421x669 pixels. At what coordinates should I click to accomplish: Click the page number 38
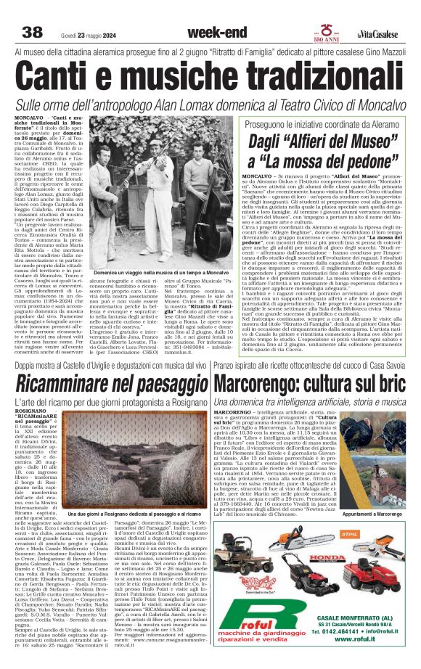33,32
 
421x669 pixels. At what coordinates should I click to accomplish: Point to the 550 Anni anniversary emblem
353,34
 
